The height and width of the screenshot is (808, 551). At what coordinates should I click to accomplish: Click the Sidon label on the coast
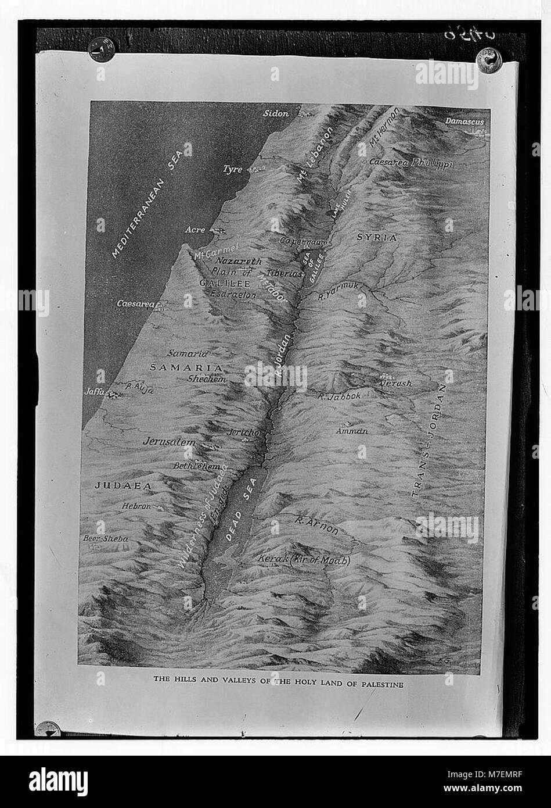(x=276, y=114)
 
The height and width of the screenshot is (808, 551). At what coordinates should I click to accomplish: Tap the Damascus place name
(x=464, y=121)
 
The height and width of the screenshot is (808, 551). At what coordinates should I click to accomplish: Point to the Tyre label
(x=232, y=169)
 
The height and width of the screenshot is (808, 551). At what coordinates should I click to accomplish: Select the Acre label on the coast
(x=195, y=230)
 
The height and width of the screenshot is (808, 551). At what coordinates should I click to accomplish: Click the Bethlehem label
(x=197, y=466)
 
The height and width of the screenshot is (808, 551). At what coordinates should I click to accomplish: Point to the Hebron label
(x=136, y=506)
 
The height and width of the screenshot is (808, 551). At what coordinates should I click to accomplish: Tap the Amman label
(x=352, y=431)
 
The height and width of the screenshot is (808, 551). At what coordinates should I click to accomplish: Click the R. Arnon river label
(x=316, y=525)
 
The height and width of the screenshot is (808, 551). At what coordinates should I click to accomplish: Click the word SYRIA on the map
(x=376, y=237)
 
